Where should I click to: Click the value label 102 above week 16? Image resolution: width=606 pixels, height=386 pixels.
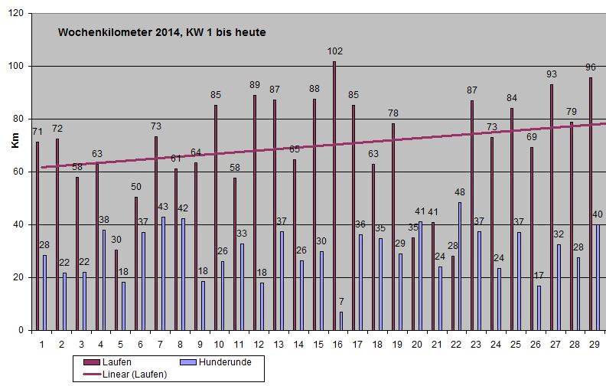coord(334,51)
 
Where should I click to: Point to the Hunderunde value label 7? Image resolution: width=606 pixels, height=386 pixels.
coord(340,302)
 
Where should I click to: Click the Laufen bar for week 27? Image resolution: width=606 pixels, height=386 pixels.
coord(552,207)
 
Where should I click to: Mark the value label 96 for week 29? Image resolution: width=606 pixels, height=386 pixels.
coord(591,67)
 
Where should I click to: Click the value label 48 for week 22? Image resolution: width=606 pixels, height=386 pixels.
coord(460,192)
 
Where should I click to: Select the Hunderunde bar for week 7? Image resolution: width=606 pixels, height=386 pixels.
coord(163,273)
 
